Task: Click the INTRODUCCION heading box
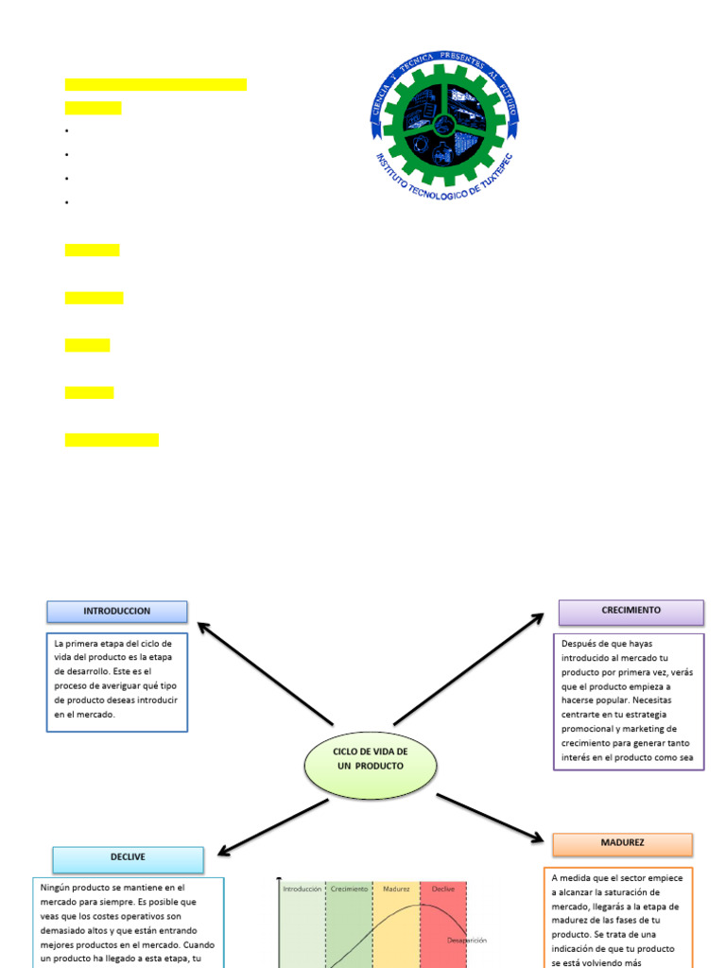point(117,612)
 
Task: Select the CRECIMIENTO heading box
point(631,612)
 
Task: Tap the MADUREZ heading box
point(622,843)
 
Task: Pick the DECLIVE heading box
point(128,858)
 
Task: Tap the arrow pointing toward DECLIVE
point(274,827)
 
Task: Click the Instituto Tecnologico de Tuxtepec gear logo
point(444,120)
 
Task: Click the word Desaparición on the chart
point(467,941)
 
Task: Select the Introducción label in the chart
point(302,890)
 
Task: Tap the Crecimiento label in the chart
point(350,890)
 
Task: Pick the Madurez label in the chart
point(396,890)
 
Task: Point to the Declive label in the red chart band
point(443,890)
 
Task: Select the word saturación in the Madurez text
point(658,892)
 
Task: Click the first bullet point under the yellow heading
point(68,130)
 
